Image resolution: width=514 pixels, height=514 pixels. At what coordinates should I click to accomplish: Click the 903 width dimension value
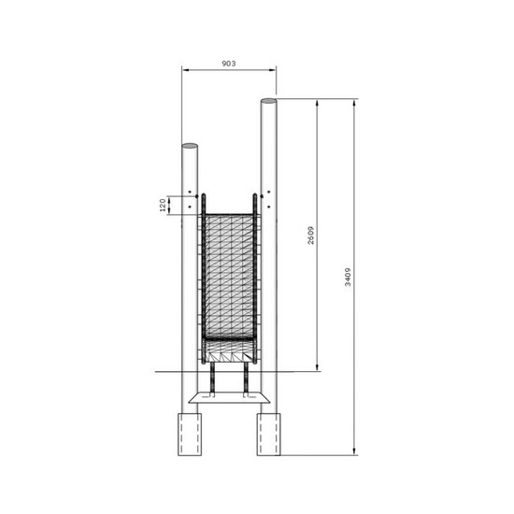tap(228, 64)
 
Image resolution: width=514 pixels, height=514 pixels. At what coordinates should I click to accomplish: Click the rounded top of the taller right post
tap(268, 100)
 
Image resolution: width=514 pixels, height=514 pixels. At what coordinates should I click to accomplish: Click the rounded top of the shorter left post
tap(190, 146)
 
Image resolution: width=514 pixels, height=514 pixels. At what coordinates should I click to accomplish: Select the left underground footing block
tap(190, 434)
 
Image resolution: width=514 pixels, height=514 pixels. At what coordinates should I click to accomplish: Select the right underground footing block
tap(268, 434)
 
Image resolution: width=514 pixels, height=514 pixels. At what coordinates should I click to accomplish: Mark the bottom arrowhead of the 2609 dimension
tap(319, 366)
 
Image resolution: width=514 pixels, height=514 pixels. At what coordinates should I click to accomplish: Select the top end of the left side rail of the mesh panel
tap(203, 196)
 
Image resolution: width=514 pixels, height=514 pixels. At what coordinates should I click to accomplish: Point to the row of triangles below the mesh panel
tap(229, 353)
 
